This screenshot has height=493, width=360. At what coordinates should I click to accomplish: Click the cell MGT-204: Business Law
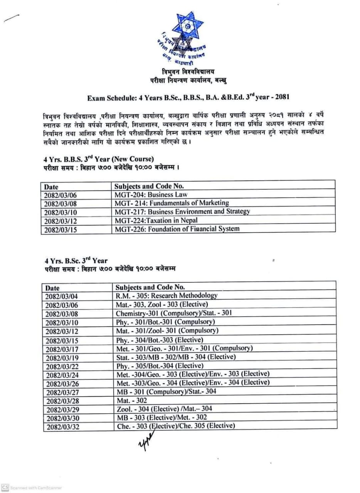pos(151,195)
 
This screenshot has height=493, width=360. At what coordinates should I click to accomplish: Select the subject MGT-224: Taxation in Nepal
pos(156,220)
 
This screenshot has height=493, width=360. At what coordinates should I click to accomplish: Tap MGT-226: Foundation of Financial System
pos(177,229)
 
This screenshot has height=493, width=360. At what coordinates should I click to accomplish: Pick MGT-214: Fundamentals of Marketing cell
pos(172,203)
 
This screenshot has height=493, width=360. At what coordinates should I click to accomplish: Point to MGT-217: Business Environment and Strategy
pos(182,211)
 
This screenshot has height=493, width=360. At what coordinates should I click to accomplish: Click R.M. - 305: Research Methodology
pos(167,296)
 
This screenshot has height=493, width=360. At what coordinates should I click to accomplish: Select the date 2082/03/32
pos(62,427)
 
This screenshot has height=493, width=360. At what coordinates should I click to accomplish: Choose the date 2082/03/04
pos(62,297)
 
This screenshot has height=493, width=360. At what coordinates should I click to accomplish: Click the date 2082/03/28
pos(62,401)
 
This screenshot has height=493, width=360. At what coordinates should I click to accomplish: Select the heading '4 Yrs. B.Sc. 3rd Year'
pos(76,261)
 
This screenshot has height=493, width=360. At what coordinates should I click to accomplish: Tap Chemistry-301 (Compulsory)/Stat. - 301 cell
pos(173,313)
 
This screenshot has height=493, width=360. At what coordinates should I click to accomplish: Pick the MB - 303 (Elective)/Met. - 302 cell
pos(161,418)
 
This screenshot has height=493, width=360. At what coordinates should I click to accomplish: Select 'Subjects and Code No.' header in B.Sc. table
pos(150,287)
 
